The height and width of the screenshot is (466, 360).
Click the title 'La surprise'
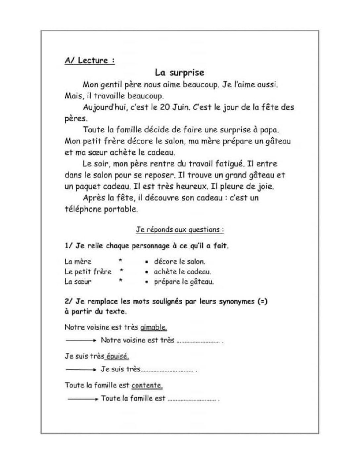(180, 72)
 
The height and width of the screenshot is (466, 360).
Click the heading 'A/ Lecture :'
(89, 61)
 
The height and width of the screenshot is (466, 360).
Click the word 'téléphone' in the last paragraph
(83, 209)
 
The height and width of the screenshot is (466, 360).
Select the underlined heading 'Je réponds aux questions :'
(180, 229)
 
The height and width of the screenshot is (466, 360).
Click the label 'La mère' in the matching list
(78, 261)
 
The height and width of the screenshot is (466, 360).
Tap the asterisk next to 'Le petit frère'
(121, 271)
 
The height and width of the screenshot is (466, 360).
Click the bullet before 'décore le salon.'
(146, 262)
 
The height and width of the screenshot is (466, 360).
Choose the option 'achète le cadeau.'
(182, 272)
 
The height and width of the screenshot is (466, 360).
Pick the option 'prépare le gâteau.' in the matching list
(184, 282)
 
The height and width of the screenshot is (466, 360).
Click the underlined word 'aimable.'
(154, 327)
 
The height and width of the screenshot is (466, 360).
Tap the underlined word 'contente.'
(147, 385)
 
